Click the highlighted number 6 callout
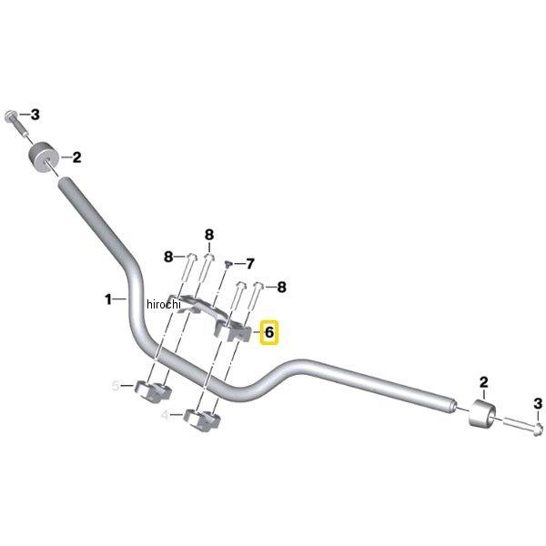click(x=269, y=332)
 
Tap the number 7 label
click(x=250, y=264)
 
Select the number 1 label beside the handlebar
click(x=108, y=299)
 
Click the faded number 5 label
click(x=116, y=386)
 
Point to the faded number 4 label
click(x=165, y=415)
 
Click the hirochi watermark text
click(x=164, y=304)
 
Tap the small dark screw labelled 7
click(x=228, y=263)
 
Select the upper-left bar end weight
click(x=43, y=157)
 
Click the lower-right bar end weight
click(x=482, y=414)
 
